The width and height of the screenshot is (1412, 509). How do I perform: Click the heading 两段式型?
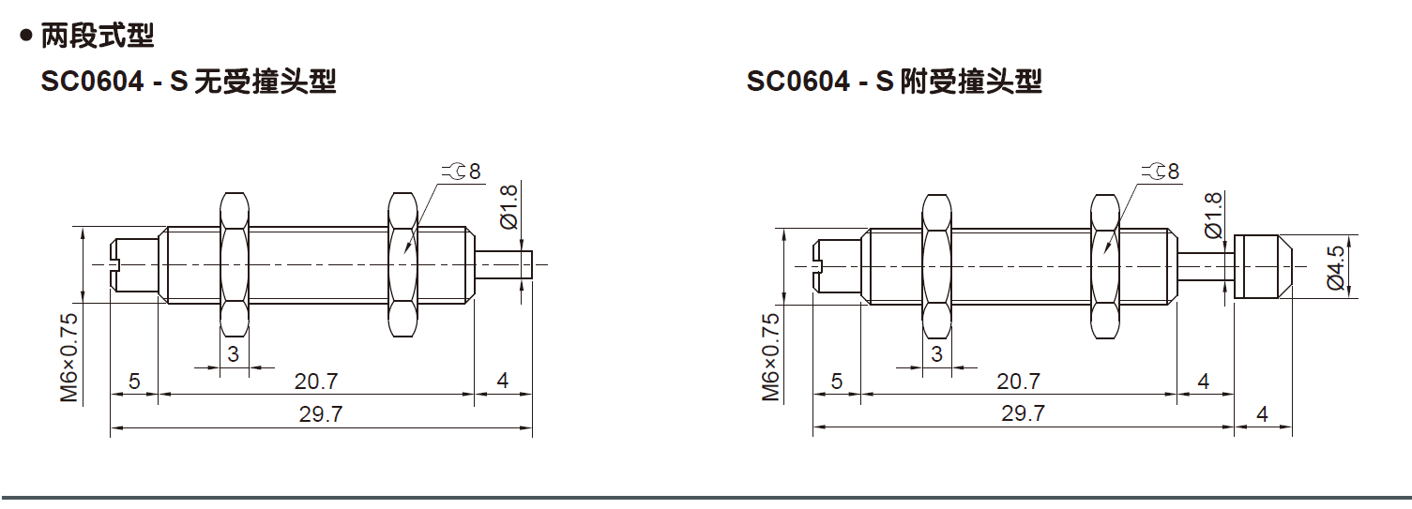(98, 37)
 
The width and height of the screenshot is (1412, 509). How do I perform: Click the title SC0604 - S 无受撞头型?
(189, 82)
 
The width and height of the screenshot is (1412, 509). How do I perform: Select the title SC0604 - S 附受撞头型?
(894, 82)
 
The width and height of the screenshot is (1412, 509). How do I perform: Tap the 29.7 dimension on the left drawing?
(321, 414)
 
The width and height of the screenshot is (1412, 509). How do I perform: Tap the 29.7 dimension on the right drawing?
(1023, 413)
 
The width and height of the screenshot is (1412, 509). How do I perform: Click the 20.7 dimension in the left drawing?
(316, 381)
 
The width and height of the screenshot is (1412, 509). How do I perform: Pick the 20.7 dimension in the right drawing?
(1019, 381)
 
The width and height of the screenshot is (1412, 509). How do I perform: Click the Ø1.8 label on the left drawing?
(509, 206)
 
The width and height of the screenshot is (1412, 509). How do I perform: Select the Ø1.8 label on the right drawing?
(1211, 214)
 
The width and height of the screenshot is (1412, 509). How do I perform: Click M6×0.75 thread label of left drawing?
(69, 357)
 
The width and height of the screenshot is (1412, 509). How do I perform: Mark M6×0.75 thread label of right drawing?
(770, 357)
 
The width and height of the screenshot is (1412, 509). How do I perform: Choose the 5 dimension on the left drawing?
(134, 381)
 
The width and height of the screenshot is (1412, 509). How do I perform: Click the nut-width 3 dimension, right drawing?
(936, 353)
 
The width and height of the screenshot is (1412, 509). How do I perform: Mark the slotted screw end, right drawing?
(836, 266)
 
